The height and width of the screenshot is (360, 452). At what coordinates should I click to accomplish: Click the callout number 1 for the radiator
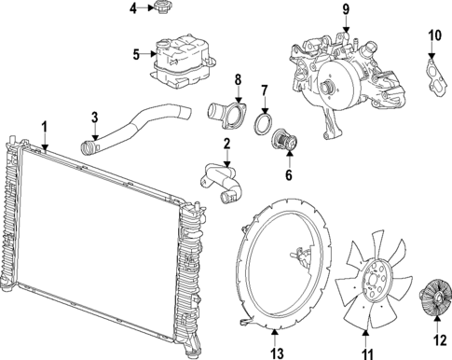tap(44, 125)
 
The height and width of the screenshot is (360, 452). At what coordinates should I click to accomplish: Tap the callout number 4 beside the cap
tap(133, 9)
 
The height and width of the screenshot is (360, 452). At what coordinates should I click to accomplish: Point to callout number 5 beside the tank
tap(136, 54)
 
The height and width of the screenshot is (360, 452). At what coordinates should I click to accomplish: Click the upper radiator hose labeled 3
tap(140, 126)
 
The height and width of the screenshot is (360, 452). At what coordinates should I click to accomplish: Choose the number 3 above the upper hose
tap(95, 117)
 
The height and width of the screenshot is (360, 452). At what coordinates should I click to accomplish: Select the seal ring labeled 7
tap(264, 126)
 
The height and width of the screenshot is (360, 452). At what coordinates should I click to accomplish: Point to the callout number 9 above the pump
tap(346, 9)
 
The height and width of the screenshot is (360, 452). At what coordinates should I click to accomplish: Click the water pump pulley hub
tap(329, 89)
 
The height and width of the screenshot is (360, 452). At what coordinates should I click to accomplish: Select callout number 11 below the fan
tap(367, 353)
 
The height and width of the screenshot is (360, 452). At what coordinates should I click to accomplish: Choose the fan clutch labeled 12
tap(435, 300)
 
